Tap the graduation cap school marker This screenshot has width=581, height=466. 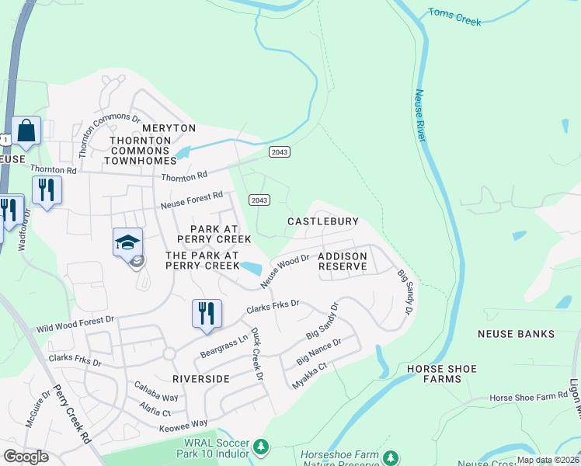pyautogui.click(x=128, y=244)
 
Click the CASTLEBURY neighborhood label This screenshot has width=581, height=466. pyautogui.click(x=322, y=221)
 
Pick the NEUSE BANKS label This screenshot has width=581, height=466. pyautogui.click(x=516, y=334)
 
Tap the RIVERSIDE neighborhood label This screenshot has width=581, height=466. pyautogui.click(x=201, y=379)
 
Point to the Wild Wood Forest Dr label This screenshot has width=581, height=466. pyautogui.click(x=75, y=324)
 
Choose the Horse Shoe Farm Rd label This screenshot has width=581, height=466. pyautogui.click(x=529, y=397)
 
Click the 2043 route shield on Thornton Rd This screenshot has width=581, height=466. pyautogui.click(x=280, y=151)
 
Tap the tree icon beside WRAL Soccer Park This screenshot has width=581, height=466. pyautogui.click(x=262, y=447)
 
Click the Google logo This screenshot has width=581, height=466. pyautogui.click(x=26, y=456)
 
